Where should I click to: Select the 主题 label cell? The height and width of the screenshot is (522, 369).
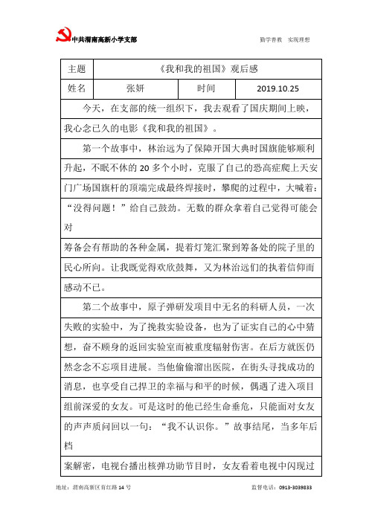(x=77, y=68)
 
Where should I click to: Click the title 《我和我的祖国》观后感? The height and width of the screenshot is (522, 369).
(x=208, y=68)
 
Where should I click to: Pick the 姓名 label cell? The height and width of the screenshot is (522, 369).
(x=77, y=88)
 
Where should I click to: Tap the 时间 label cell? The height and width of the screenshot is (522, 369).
(x=206, y=88)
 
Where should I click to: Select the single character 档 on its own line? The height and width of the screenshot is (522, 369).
(x=69, y=443)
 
